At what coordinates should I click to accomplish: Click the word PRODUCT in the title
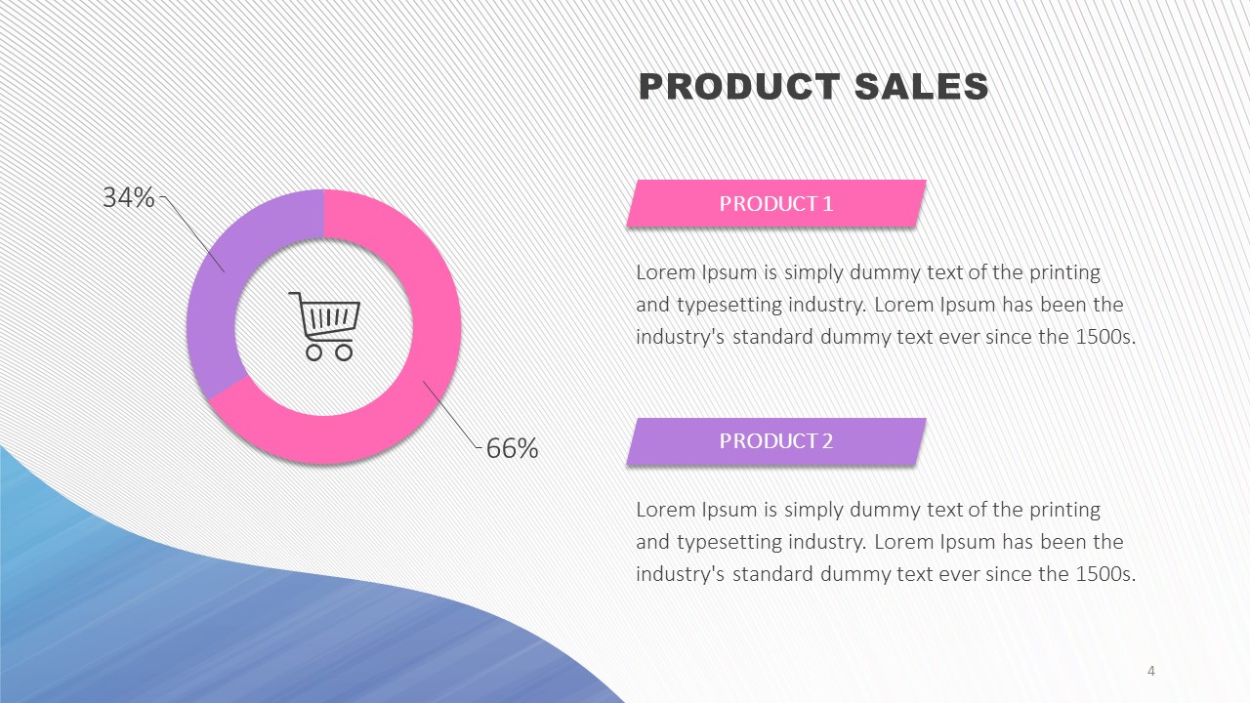pyautogui.click(x=739, y=87)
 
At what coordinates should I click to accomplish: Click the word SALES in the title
pyautogui.click(x=921, y=87)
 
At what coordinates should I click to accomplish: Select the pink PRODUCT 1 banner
pyautogui.click(x=776, y=203)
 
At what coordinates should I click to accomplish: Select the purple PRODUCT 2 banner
pyautogui.click(x=776, y=441)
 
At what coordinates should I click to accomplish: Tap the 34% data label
pyautogui.click(x=128, y=197)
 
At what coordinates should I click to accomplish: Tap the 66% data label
pyautogui.click(x=513, y=448)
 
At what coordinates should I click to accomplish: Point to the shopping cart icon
pyautogui.click(x=325, y=326)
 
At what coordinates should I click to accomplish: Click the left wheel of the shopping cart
pyautogui.click(x=313, y=352)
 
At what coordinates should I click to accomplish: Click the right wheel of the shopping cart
pyautogui.click(x=344, y=352)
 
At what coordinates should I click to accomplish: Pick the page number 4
pyautogui.click(x=1150, y=671)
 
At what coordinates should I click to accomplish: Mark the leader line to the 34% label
pyautogui.click(x=193, y=233)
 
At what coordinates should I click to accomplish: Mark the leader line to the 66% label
pyautogui.click(x=452, y=414)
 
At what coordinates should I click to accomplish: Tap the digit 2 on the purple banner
pyautogui.click(x=827, y=441)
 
